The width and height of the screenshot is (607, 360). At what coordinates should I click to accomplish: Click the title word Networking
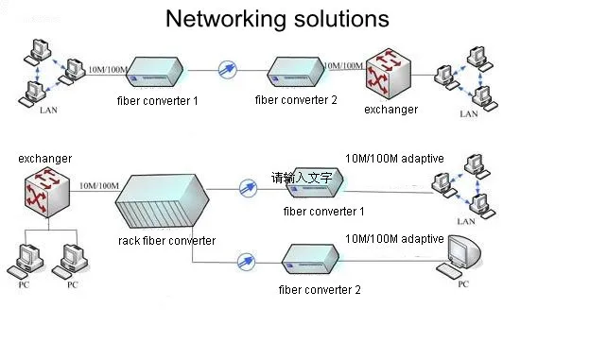pos(227,19)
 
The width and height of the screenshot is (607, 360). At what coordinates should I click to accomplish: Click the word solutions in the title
pos(341,18)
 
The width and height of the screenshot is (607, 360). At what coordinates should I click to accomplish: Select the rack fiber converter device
pos(163,200)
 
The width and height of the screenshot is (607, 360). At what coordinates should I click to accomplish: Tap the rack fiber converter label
pos(166,241)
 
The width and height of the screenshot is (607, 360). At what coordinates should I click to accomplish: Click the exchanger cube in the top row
pos(389,74)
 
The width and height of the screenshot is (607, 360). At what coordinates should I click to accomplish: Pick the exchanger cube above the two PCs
pos(47,192)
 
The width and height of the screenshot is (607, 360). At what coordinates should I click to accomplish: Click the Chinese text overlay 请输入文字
pos(302,178)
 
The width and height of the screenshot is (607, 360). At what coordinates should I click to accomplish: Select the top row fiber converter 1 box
pos(155,72)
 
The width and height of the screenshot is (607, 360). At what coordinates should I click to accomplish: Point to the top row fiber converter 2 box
pos(296,72)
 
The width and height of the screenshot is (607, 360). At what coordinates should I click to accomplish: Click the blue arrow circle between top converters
pos(227,70)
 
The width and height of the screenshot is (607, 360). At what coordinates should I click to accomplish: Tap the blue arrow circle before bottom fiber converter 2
pos(246,262)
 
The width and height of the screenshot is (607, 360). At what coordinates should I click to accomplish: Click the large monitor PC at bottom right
pos(460,256)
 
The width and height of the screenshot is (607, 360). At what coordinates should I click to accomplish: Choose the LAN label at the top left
pos(48,111)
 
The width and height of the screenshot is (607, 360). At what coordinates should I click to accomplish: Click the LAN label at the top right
pos(468,113)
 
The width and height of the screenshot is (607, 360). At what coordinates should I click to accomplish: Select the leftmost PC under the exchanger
pos(25,261)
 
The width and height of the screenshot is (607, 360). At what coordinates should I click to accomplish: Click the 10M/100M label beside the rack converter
pos(99,185)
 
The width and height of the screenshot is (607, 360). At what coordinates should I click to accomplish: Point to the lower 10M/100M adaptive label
pos(394,238)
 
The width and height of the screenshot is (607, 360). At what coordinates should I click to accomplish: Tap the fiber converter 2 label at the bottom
pos(320,290)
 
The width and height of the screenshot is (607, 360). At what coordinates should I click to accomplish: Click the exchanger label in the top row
pos(391,110)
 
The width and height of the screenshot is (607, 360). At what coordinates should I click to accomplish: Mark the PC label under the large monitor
pos(463,284)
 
